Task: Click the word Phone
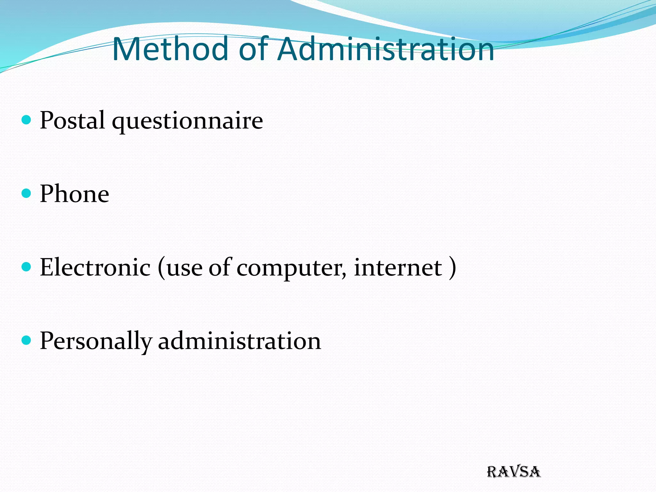pyautogui.click(x=74, y=194)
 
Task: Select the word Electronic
pyautogui.click(x=95, y=267)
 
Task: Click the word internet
pyautogui.click(x=398, y=267)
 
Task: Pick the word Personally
pyautogui.click(x=95, y=341)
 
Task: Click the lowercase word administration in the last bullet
pyautogui.click(x=240, y=341)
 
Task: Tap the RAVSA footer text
pyautogui.click(x=513, y=472)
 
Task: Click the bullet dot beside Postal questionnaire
pyautogui.click(x=26, y=120)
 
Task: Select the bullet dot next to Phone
pyautogui.click(x=26, y=193)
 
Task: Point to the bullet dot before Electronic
pyautogui.click(x=26, y=266)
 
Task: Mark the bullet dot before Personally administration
pyautogui.click(x=26, y=340)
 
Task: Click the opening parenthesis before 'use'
pyautogui.click(x=161, y=268)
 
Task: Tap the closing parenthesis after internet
pyautogui.click(x=453, y=268)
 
